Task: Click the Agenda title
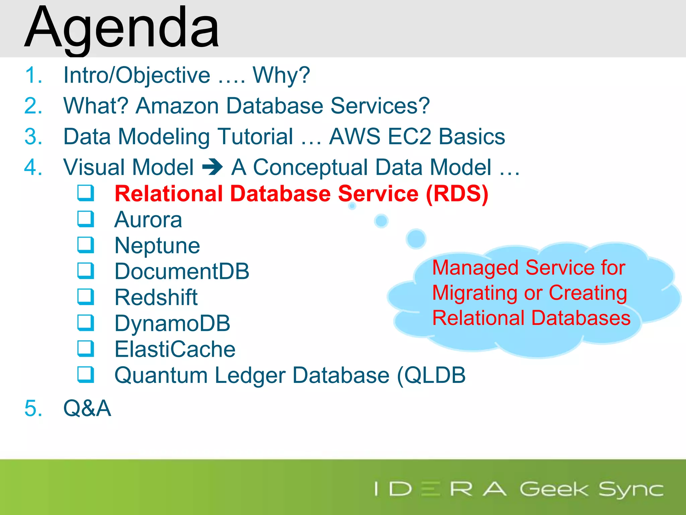click(x=122, y=28)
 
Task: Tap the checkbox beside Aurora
click(x=86, y=219)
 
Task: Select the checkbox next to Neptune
click(x=86, y=245)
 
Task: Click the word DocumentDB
click(x=182, y=271)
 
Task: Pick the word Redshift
click(x=156, y=297)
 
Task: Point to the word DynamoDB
click(x=172, y=323)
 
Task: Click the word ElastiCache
click(x=175, y=349)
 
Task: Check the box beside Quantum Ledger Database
click(x=86, y=375)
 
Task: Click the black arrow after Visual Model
click(x=212, y=167)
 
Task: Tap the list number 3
click(x=33, y=136)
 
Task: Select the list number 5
click(x=33, y=408)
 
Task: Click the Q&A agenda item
click(x=87, y=408)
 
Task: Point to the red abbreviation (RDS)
click(x=457, y=194)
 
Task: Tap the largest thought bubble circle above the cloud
click(x=416, y=239)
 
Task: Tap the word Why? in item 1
click(x=281, y=75)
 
